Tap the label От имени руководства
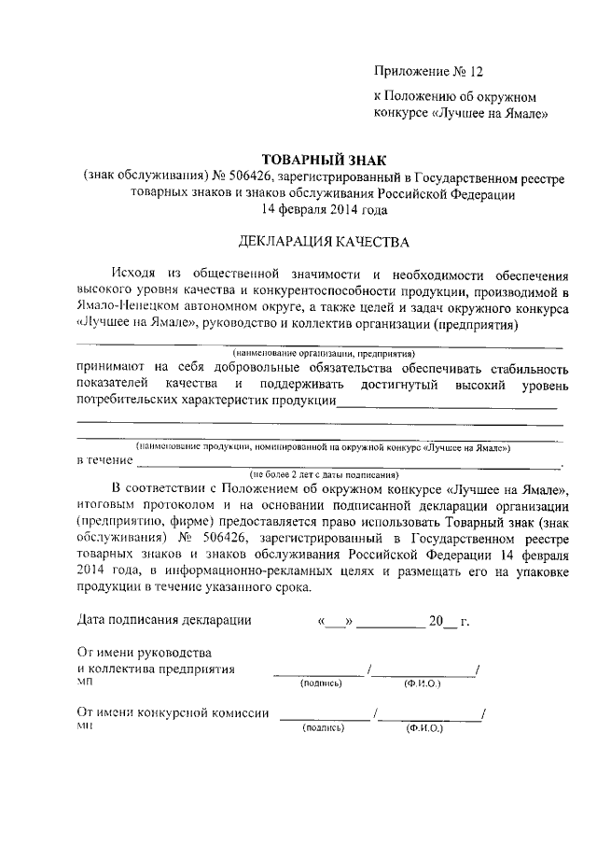[x=144, y=653]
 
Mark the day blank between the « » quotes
[x=336, y=621]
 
